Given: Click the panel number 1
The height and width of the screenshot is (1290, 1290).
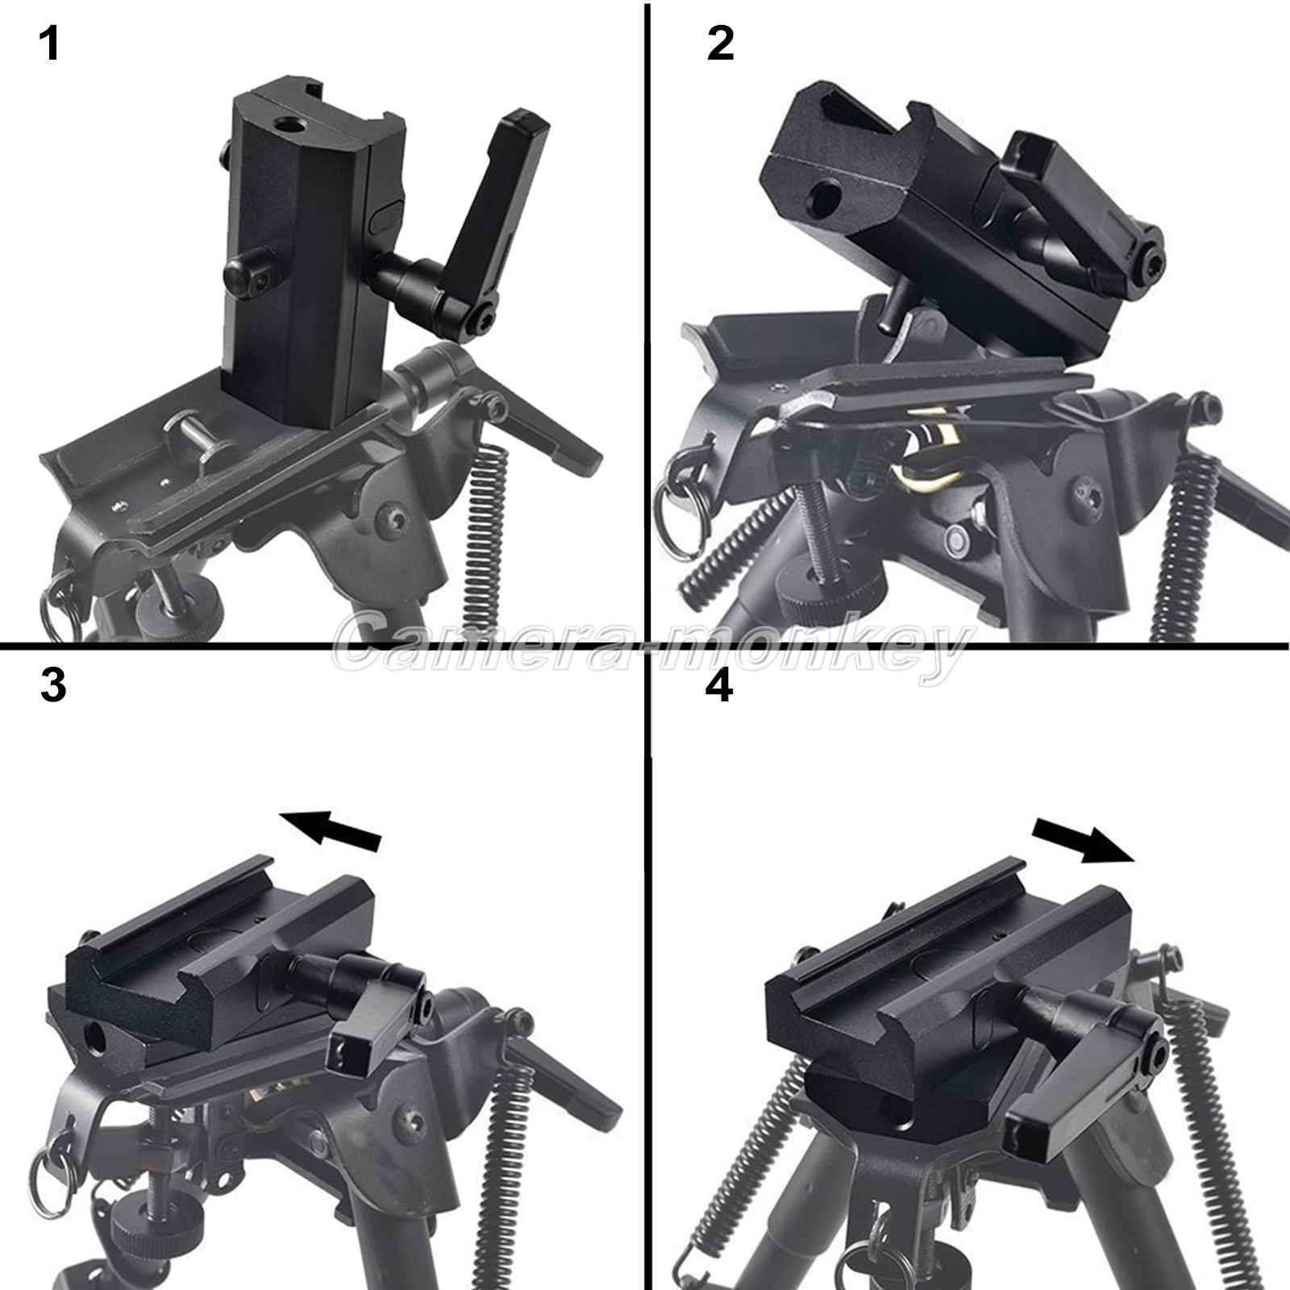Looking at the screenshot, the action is tap(50, 44).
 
